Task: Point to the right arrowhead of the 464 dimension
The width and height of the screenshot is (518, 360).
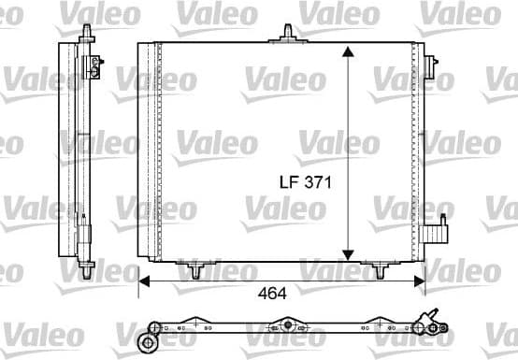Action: pyautogui.click(x=423, y=279)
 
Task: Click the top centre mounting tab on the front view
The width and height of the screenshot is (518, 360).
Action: pyautogui.click(x=285, y=37)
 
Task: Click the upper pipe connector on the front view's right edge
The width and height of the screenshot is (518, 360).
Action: pyautogui.click(x=432, y=66)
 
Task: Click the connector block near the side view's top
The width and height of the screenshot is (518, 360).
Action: pyautogui.click(x=94, y=65)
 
